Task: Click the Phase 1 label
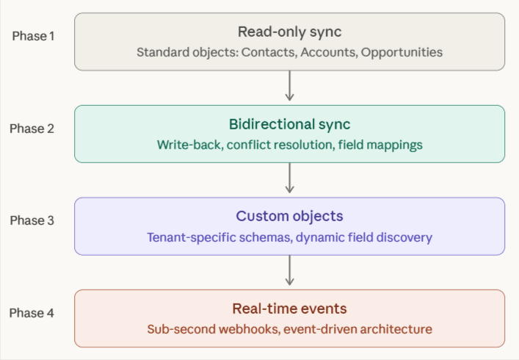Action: point(33,36)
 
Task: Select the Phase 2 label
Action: point(32,129)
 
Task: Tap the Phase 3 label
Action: point(32,220)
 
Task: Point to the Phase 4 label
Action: point(32,313)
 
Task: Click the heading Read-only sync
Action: point(289,32)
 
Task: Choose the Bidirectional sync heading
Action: point(289,124)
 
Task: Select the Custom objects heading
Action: point(289,217)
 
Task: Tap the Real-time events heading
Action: point(289,309)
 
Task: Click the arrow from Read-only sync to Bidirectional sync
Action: point(289,87)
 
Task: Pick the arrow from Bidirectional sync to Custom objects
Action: point(289,179)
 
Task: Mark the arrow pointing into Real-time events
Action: point(289,271)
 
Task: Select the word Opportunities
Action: point(402,53)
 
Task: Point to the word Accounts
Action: point(329,53)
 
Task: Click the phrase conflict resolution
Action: point(280,145)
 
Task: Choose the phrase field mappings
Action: point(380,145)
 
